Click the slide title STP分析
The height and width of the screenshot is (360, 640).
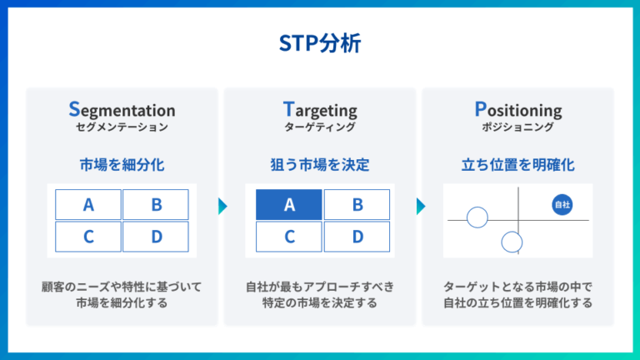coord(320,43)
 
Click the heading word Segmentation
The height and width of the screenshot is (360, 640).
coord(122,109)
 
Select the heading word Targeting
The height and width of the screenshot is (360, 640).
coord(320,109)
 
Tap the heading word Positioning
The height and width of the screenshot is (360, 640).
coord(517,109)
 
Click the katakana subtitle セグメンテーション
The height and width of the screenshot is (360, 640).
coord(122,127)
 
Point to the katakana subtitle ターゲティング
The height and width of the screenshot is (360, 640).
coord(320,127)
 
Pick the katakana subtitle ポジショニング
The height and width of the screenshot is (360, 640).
coord(517,127)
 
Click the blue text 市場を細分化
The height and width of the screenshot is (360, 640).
coord(122,164)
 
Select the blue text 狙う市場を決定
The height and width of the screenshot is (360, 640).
coord(320,164)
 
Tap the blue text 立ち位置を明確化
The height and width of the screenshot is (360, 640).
coord(517,164)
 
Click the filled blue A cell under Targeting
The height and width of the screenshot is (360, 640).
coord(288,204)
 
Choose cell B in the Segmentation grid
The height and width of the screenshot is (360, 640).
coord(156,204)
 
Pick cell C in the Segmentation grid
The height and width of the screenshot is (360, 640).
coord(88,237)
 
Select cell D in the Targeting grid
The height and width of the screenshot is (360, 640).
coord(357,237)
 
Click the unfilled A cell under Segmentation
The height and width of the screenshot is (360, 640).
coord(88,204)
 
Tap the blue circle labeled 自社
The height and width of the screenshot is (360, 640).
coord(562,203)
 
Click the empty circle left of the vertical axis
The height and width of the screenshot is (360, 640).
coord(477,218)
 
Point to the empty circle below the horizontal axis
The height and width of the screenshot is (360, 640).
coord(512,242)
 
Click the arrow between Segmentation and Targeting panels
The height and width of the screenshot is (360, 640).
coord(222,206)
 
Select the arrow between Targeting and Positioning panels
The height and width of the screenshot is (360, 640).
coord(421,206)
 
